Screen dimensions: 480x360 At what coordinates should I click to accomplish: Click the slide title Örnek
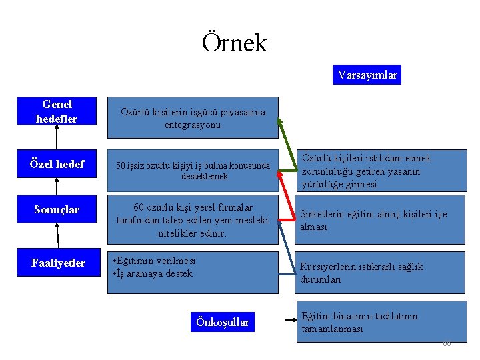coord(235,43)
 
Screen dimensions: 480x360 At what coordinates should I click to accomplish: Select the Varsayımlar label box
coord(367,75)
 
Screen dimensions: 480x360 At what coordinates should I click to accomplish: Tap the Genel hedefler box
coord(57,111)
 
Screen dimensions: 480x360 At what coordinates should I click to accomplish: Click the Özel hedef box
coord(57,164)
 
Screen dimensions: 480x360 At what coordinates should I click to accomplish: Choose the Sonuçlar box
coord(57,210)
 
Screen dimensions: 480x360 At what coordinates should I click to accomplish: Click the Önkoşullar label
coord(223,323)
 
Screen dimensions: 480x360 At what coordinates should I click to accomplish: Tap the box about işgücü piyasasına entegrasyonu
coord(193,118)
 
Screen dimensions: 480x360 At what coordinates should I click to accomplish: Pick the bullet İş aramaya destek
coord(153,273)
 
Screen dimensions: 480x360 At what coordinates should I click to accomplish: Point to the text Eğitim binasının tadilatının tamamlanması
coord(359,323)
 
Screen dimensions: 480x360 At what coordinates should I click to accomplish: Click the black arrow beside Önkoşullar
coord(290,320)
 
